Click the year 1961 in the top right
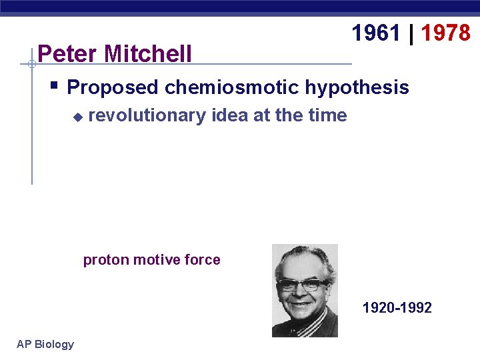(x=376, y=33)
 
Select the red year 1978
(x=445, y=33)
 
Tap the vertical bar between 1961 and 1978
(x=411, y=33)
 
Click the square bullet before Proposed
(x=54, y=85)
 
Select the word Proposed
(x=113, y=87)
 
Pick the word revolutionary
(x=147, y=115)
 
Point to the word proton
(x=106, y=260)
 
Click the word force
(x=203, y=260)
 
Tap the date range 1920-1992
(x=397, y=307)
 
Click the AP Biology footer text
(x=45, y=344)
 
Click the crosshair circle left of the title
(x=31, y=64)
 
